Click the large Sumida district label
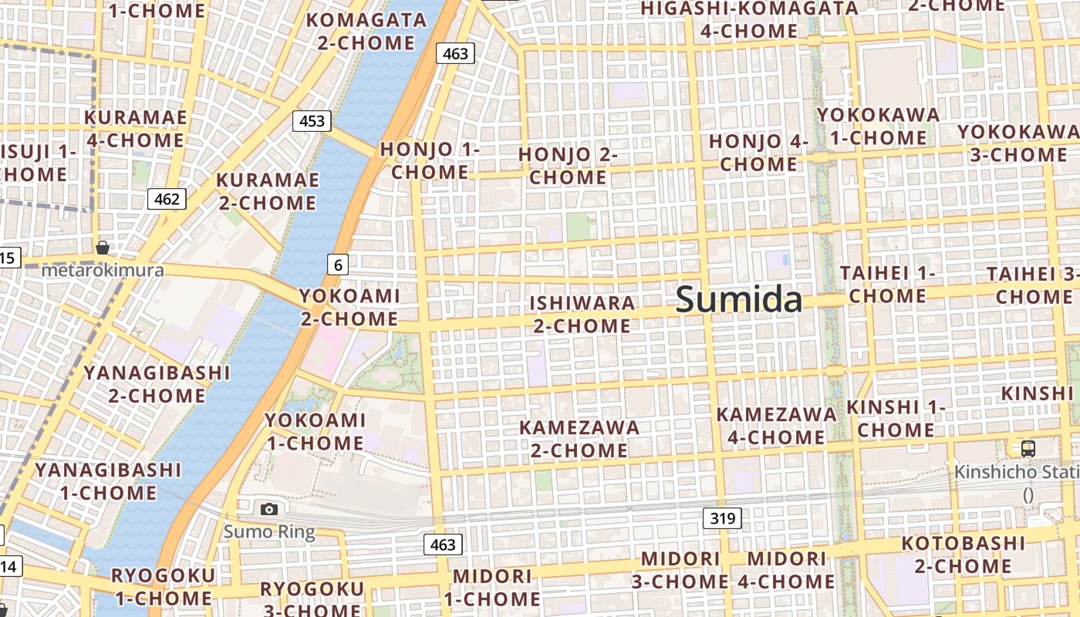point(738,299)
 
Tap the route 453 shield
point(312,121)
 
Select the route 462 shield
point(167,199)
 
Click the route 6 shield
point(338,265)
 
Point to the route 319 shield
point(722,518)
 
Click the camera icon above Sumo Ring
point(268,509)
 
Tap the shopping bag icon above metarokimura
point(102,248)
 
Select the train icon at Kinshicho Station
point(1028,449)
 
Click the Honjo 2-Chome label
point(568,166)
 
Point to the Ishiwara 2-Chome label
point(582,314)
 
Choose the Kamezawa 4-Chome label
point(776,426)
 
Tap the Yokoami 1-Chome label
point(315,432)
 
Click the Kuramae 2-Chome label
point(267,191)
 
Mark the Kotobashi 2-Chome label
point(964,555)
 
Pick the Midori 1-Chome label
point(492,587)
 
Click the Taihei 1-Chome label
point(887,285)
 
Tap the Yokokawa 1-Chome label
point(878,126)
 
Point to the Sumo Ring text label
point(269,532)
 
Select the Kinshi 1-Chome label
point(896,418)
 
